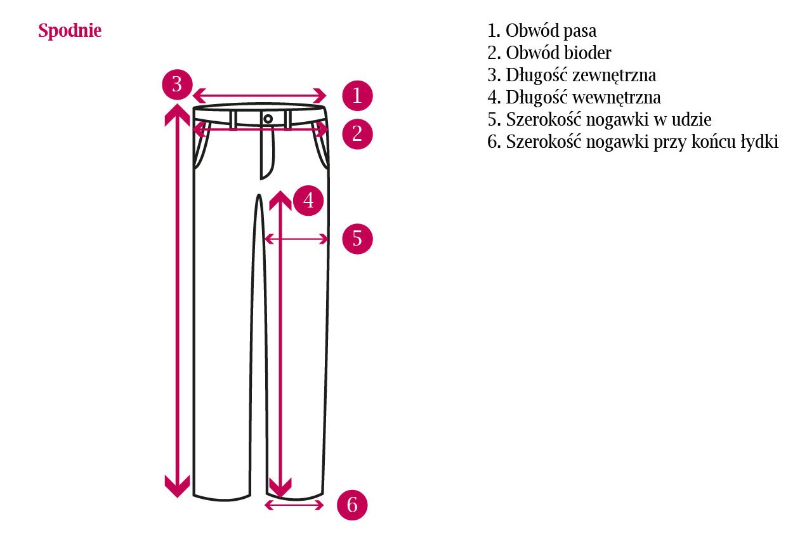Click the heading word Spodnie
70,31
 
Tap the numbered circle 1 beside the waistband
357,95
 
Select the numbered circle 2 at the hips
357,134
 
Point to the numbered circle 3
177,84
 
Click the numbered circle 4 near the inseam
308,201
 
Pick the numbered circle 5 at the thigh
357,239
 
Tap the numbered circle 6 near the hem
352,505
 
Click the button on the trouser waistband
268,119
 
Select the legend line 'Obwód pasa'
542,31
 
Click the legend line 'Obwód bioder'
549,53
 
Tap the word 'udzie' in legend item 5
692,119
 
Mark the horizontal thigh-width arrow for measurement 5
296,239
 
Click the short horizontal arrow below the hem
294,505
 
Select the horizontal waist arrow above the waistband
259,96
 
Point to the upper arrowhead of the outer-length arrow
177,115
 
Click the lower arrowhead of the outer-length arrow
177,486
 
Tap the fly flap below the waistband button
267,152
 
